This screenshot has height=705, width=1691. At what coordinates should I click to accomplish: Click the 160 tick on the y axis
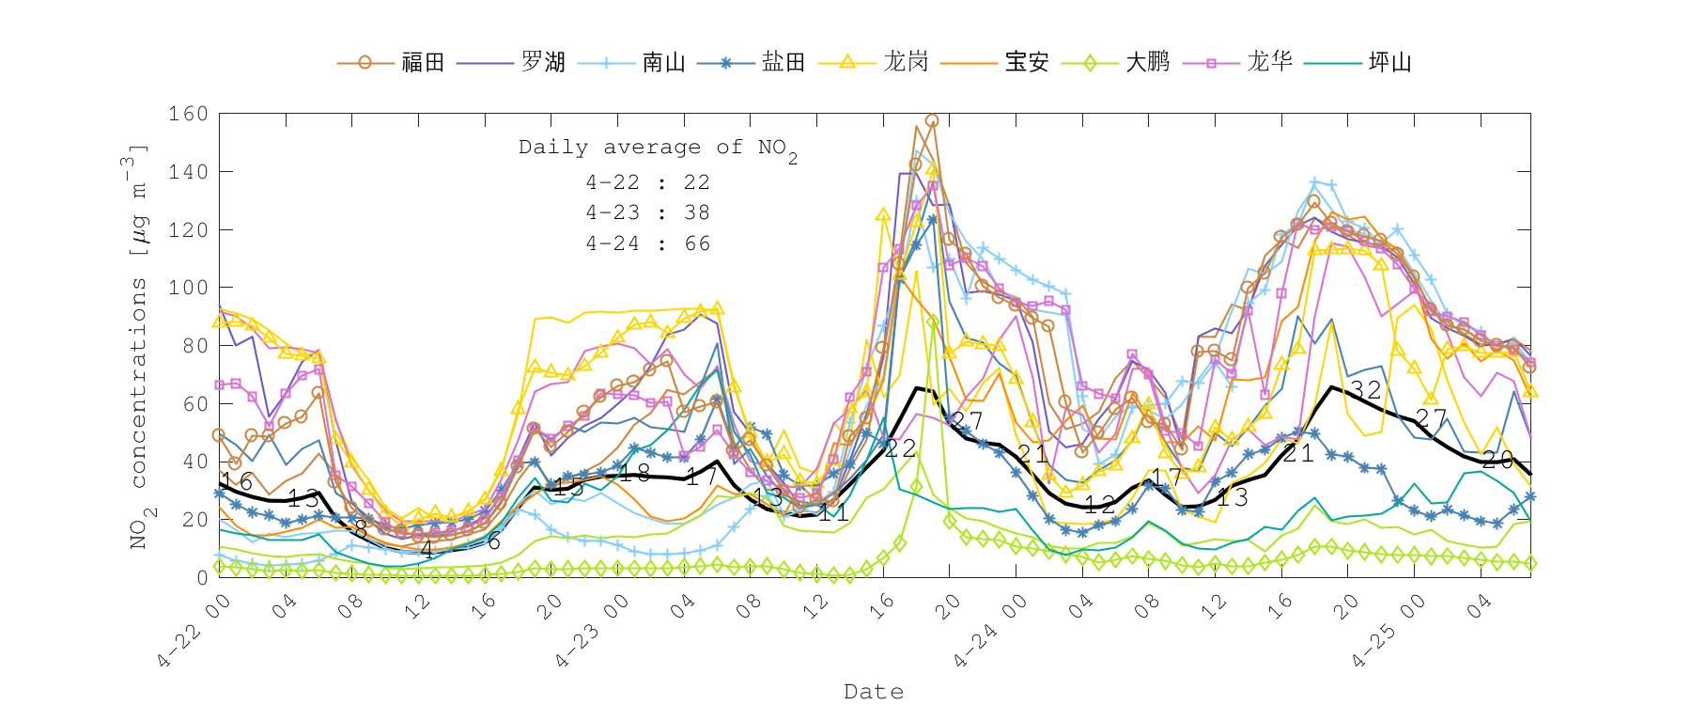coord(188,114)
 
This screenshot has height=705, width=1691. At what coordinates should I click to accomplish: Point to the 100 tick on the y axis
coord(188,288)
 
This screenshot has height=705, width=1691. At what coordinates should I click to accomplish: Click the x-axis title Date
coord(874,692)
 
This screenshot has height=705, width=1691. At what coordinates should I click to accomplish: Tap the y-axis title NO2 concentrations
coord(138,348)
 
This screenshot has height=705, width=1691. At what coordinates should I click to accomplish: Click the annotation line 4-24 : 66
coord(647,243)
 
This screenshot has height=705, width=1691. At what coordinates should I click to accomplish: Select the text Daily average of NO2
coord(658,148)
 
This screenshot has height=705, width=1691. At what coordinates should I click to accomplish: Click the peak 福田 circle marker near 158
coord(932,120)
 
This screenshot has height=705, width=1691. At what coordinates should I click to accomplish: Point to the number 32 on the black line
coord(1365,390)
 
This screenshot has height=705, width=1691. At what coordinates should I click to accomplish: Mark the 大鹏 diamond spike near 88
coord(933,321)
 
